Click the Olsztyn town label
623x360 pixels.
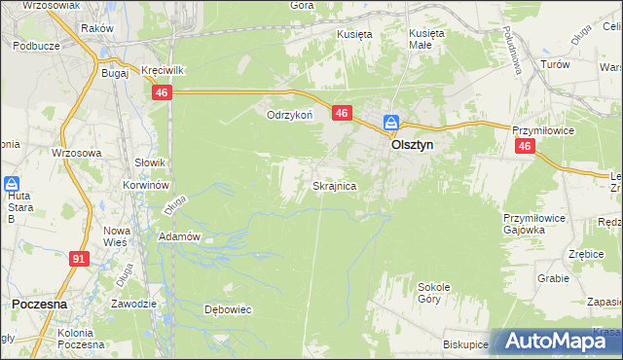point(412,143)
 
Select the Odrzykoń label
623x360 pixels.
point(289,114)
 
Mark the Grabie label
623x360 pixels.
point(552,277)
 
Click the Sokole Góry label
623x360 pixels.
point(433,293)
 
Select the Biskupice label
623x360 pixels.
point(464,343)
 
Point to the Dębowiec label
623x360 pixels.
point(228,309)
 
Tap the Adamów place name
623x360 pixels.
point(179,236)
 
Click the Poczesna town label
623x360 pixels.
point(39,304)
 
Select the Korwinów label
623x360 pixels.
point(147,184)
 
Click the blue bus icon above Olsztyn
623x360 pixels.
point(390,123)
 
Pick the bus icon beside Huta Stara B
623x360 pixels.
point(12,184)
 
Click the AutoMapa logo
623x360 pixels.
point(557,341)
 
